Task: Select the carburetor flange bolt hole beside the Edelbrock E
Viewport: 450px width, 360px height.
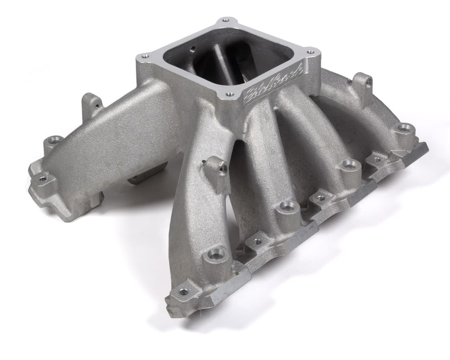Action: pyautogui.click(x=230, y=94)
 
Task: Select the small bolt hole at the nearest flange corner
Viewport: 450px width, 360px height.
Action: pyautogui.click(x=183, y=292)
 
